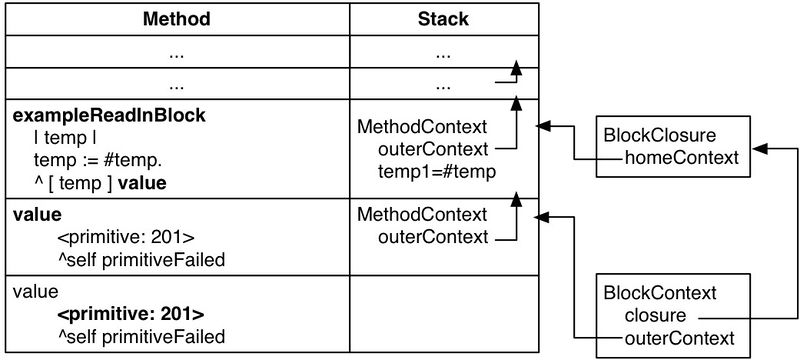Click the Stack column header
click(x=443, y=19)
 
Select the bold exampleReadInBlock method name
click(x=109, y=116)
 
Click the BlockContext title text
click(x=659, y=292)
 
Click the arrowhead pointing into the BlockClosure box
click(x=757, y=148)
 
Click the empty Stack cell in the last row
click(x=443, y=314)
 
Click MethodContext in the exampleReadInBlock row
click(x=422, y=127)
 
